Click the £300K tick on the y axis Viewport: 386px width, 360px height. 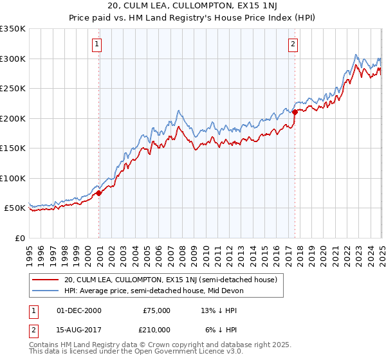(12, 59)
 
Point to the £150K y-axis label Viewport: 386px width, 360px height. (12, 148)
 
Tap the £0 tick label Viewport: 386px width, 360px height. (19, 238)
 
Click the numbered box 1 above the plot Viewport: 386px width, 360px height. (96, 44)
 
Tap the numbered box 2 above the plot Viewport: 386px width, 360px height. (293, 44)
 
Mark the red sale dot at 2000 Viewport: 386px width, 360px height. (99, 193)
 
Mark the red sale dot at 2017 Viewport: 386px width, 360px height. (295, 112)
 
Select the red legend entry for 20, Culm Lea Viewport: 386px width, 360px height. (170, 280)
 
